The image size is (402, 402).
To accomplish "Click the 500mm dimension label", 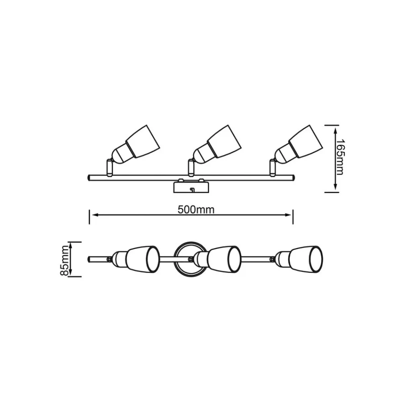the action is pyautogui.click(x=196, y=210).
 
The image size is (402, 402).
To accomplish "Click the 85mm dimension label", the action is pyautogui.click(x=64, y=260).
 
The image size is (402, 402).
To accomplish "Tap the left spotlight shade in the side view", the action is pyautogui.click(x=143, y=142).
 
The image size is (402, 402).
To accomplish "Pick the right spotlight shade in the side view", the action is pyautogui.click(x=306, y=142).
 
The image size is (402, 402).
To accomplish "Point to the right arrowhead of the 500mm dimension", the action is pyautogui.click(x=289, y=215).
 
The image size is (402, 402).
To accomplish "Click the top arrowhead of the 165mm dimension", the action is pyautogui.click(x=335, y=131).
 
